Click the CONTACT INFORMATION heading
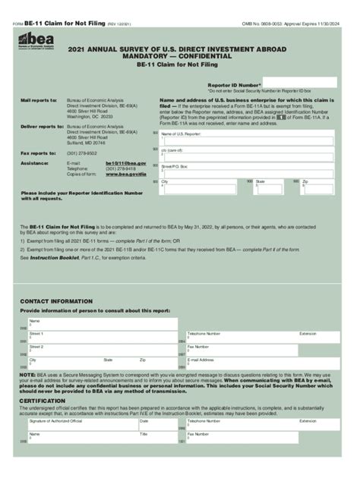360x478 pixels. [x=51, y=301]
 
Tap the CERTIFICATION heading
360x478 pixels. [x=42, y=399]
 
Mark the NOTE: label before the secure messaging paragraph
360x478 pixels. [x=27, y=374]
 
